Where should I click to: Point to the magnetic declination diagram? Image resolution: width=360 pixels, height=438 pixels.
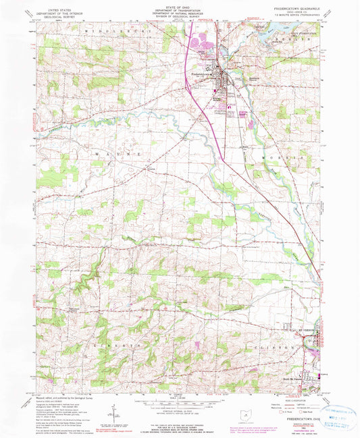(117, 410)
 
